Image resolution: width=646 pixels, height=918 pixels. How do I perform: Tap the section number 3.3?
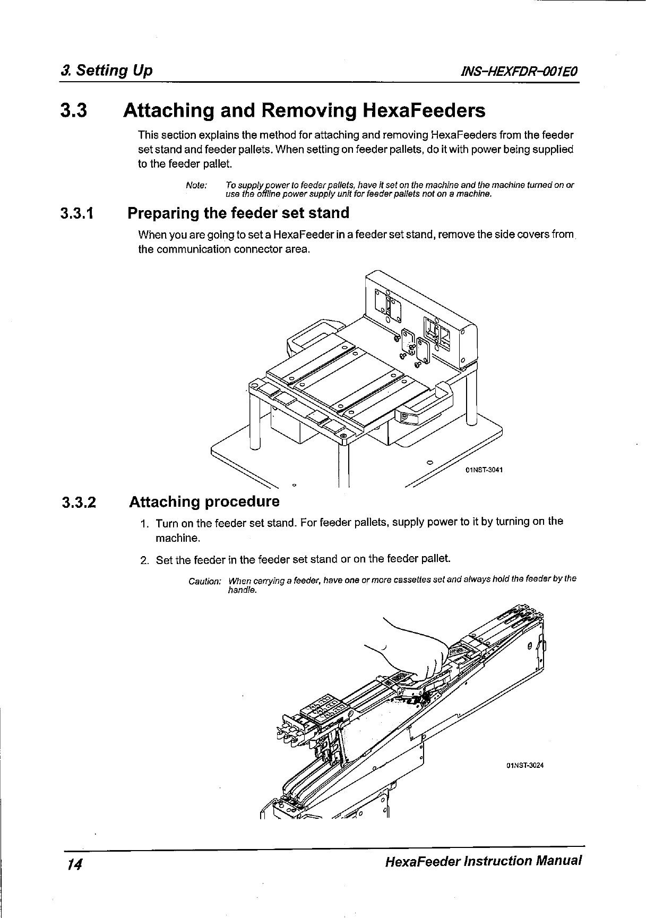coord(73,111)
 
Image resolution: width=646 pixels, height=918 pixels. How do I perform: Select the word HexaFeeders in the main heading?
coord(424,111)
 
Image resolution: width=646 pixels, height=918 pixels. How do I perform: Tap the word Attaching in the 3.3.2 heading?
coord(165,502)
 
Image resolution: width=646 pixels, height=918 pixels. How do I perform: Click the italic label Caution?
coord(205,582)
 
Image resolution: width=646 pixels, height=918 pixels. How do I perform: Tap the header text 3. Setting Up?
coord(107,71)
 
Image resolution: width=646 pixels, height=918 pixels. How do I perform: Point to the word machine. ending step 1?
coord(177,539)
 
